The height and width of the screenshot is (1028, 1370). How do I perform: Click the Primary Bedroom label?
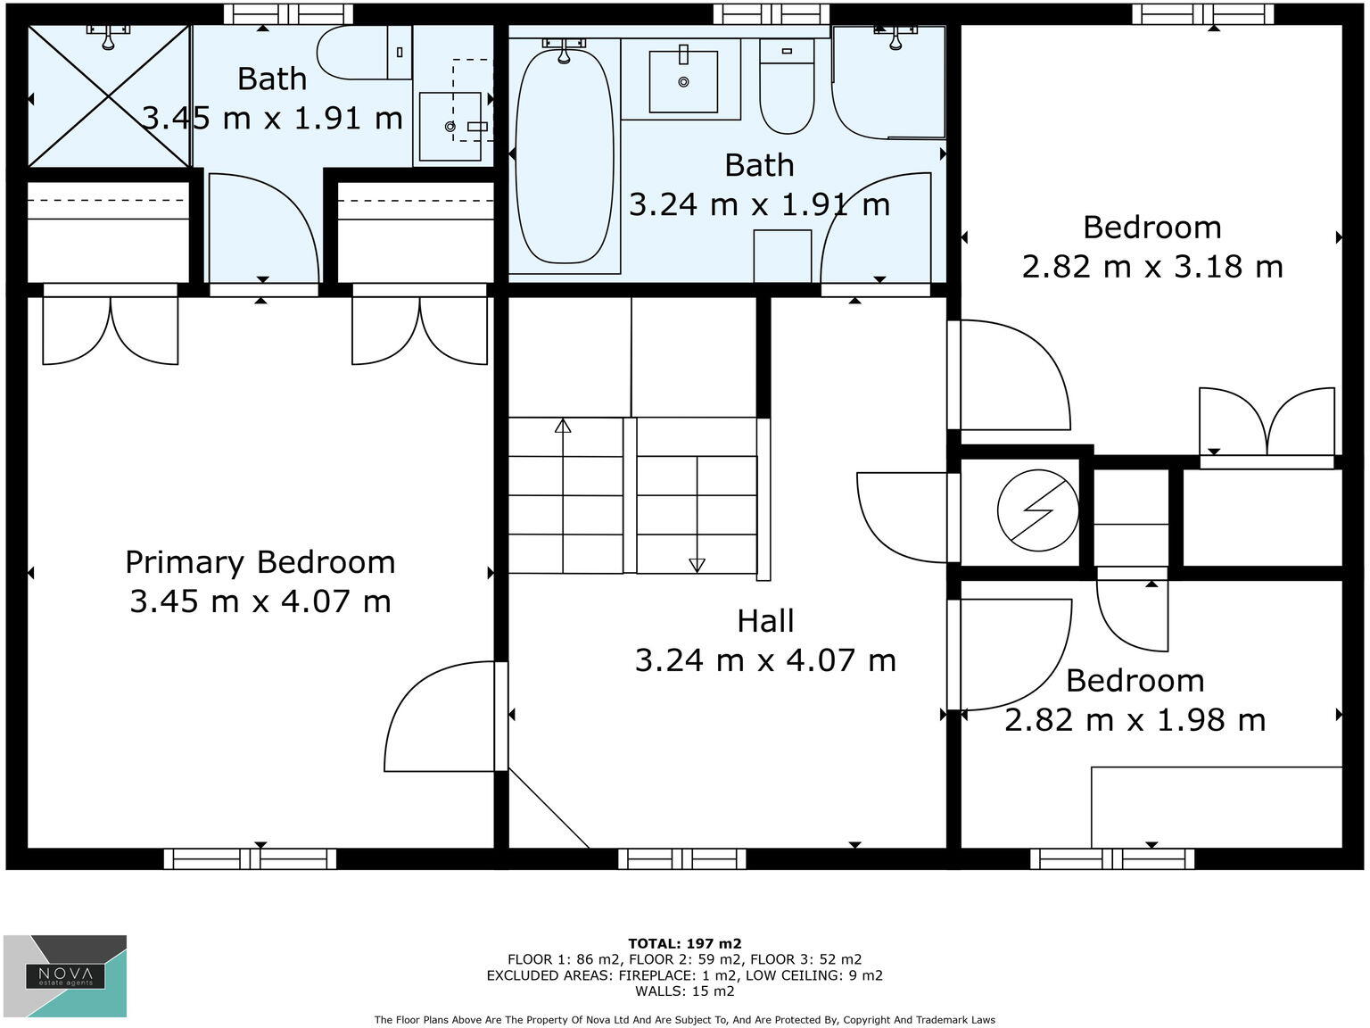[x=260, y=562]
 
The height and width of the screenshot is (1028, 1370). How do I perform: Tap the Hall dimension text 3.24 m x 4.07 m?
[x=765, y=660]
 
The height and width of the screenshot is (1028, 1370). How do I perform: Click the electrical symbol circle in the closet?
[x=1037, y=511]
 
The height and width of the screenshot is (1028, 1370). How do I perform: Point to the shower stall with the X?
[x=109, y=96]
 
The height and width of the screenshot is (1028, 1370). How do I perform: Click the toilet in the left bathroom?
[x=357, y=53]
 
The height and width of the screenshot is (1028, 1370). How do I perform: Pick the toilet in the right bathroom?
[x=787, y=87]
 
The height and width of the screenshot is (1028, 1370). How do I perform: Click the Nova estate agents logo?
[x=65, y=975]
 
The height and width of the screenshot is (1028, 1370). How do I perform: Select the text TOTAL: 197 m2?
[x=684, y=943]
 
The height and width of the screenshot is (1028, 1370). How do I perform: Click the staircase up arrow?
[x=563, y=427]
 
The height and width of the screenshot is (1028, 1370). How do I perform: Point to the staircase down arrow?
[x=697, y=564]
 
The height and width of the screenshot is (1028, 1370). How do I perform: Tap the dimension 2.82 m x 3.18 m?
[x=1151, y=267]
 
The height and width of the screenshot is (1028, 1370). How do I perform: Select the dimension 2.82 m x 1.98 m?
[x=1135, y=720]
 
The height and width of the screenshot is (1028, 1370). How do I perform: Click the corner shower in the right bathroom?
[x=887, y=82]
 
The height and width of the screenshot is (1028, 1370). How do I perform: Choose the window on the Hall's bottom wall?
[x=682, y=858]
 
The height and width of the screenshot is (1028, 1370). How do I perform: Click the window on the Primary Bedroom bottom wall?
[x=251, y=858]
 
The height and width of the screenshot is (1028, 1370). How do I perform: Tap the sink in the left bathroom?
[x=450, y=127]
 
